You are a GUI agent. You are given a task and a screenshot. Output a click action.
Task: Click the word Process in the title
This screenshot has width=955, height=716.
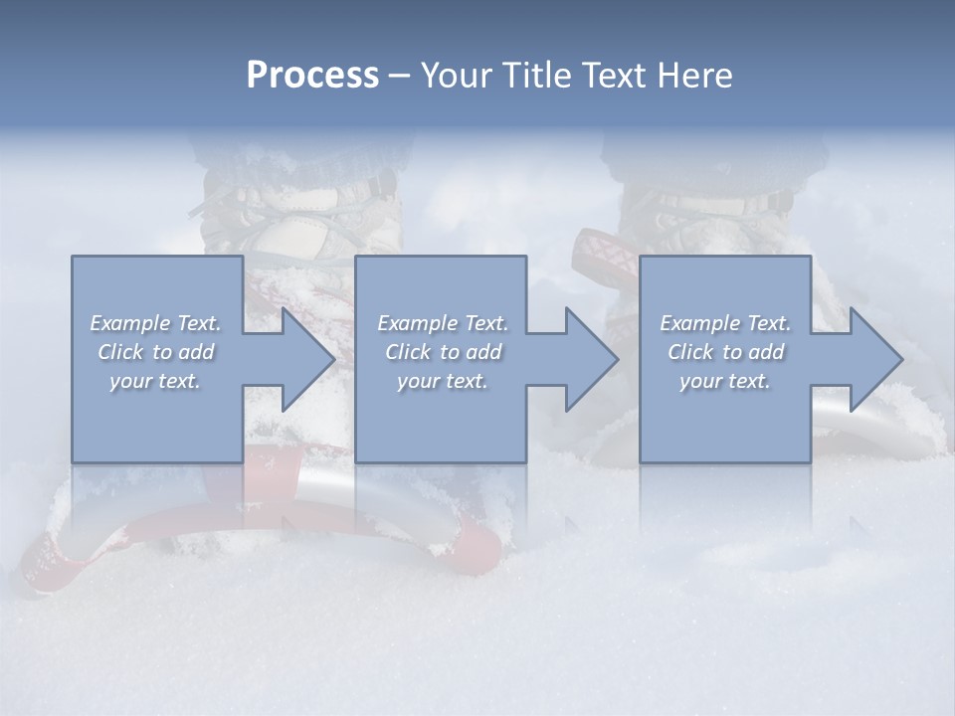[x=312, y=76]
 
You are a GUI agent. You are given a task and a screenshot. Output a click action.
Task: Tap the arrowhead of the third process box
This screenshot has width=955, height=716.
[x=874, y=359]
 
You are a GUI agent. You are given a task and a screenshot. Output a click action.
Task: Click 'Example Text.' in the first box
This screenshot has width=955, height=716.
[x=155, y=323]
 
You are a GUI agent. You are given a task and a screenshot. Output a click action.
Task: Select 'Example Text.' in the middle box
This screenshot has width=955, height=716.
[x=443, y=323]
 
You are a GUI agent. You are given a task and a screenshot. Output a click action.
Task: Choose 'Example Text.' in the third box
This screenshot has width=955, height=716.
[x=725, y=323]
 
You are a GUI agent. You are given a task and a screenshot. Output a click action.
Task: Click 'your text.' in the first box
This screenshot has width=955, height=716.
[x=155, y=381]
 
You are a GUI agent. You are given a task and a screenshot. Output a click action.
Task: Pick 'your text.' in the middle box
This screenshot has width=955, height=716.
[x=443, y=381]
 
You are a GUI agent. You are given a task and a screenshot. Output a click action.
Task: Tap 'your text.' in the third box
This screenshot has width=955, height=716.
[x=725, y=381]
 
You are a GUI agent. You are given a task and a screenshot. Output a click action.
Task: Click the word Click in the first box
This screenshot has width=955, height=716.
[x=120, y=352]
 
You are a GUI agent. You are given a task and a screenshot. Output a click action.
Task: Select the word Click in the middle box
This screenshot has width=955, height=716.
[x=408, y=352]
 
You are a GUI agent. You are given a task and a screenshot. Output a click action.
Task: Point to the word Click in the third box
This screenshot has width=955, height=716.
[x=690, y=352]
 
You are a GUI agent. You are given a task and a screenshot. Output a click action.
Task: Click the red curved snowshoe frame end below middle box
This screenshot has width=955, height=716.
[x=477, y=542]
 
